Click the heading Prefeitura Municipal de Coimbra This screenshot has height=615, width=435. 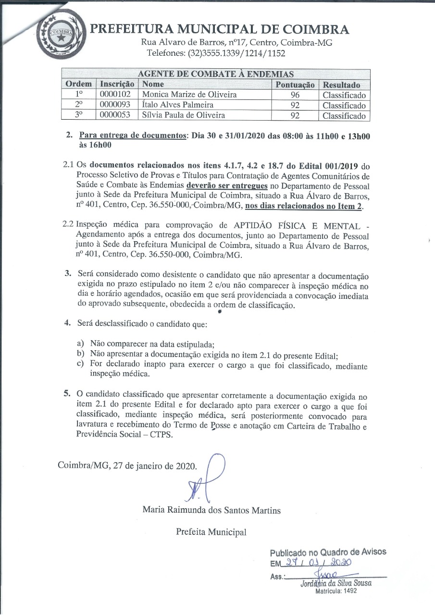coord(220,29)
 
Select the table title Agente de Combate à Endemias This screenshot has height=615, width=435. coord(215,74)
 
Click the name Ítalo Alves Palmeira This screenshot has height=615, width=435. coord(178,105)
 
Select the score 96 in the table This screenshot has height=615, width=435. coord(295,95)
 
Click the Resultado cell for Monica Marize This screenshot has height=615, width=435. coord(344,95)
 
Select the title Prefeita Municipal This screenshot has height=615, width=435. coord(211,531)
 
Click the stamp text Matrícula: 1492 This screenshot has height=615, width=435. coord(336,591)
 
